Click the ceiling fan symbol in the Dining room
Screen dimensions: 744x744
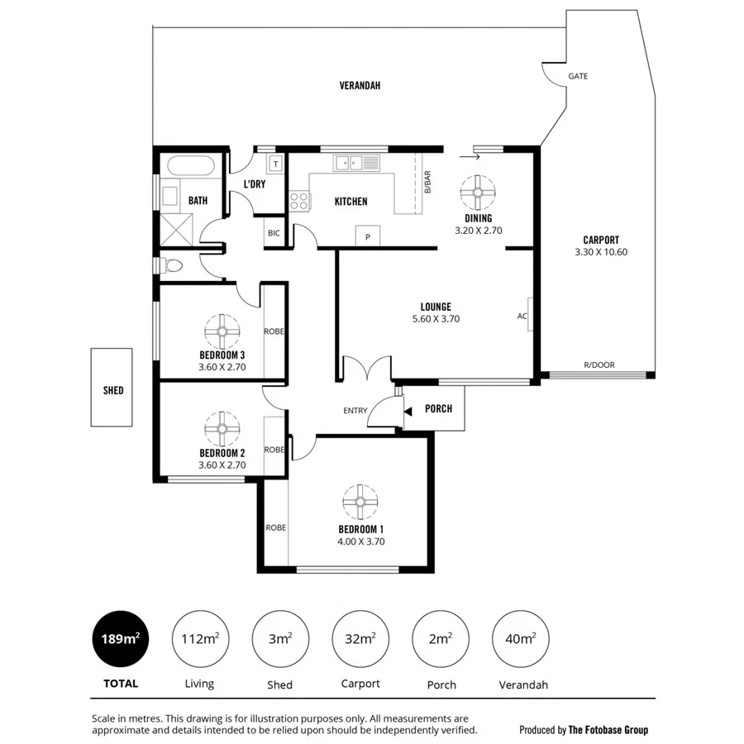(x=478, y=192)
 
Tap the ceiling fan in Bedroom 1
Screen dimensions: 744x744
(x=360, y=502)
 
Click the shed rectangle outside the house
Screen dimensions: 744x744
(x=112, y=387)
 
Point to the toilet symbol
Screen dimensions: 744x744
(x=171, y=266)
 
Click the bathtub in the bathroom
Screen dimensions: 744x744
(x=187, y=165)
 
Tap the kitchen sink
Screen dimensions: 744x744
(x=356, y=163)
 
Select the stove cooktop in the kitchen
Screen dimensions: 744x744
(x=299, y=200)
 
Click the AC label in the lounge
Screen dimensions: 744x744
(x=522, y=316)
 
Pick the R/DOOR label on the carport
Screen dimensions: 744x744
(x=599, y=365)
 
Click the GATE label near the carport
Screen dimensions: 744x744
(x=578, y=76)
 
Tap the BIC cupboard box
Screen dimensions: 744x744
(x=274, y=233)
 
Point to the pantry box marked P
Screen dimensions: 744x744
(x=367, y=236)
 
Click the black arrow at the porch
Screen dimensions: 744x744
(x=408, y=410)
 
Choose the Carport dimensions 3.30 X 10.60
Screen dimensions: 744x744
(x=601, y=252)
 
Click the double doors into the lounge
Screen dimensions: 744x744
(x=366, y=368)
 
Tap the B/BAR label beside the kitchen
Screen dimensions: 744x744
(x=427, y=183)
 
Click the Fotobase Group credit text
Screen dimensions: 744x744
(x=584, y=729)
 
